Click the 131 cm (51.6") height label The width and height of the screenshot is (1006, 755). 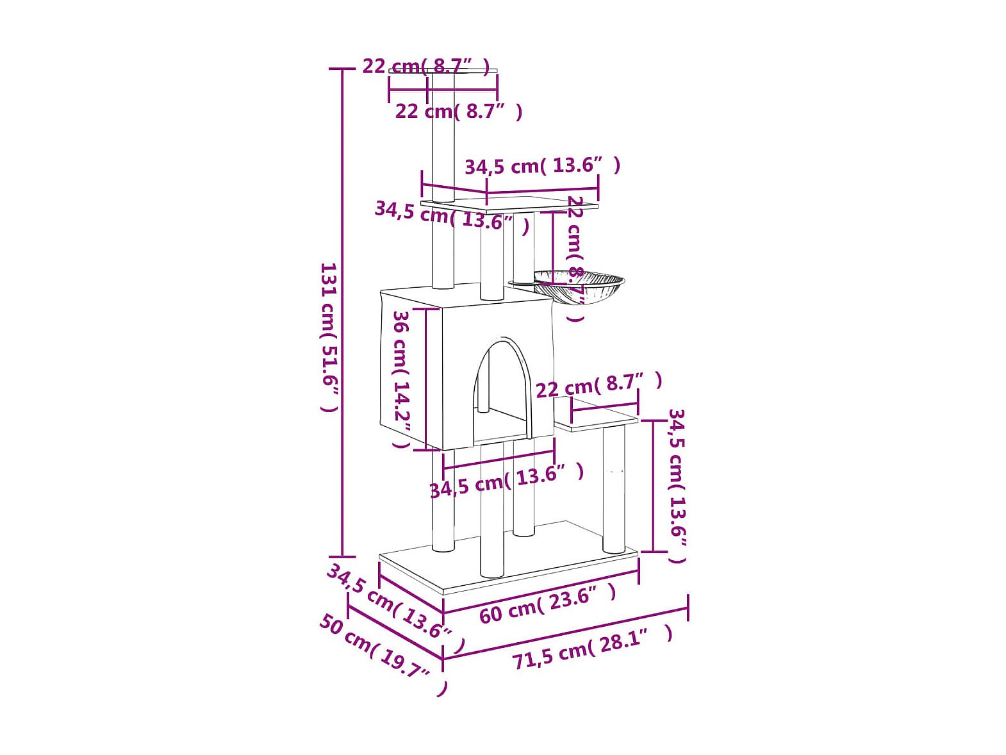pos(331,337)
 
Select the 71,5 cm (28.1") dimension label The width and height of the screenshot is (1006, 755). pos(592,648)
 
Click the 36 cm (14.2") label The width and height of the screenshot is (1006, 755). pos(401,379)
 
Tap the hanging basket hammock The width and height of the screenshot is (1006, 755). pos(579,287)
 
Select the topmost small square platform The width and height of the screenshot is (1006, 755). pos(443,71)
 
